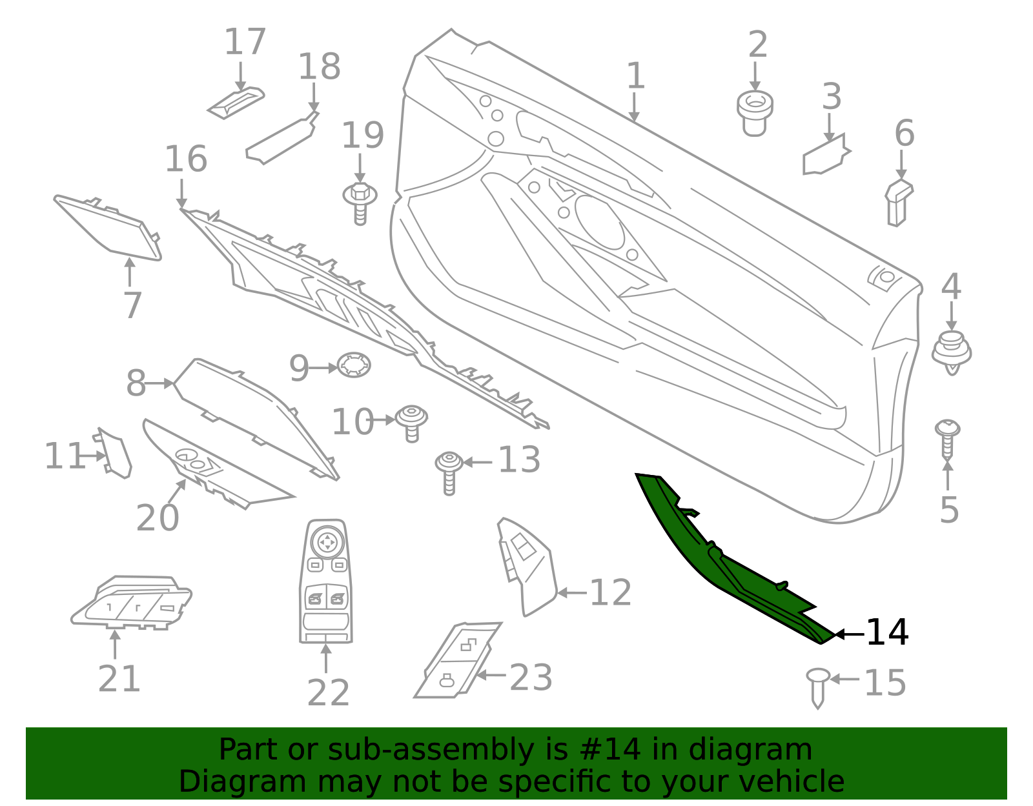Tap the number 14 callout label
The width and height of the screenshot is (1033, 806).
pyautogui.click(x=887, y=632)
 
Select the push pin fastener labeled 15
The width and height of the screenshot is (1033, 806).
pyautogui.click(x=817, y=688)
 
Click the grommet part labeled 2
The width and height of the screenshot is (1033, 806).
pyautogui.click(x=755, y=113)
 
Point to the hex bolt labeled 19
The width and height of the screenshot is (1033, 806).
pyautogui.click(x=360, y=203)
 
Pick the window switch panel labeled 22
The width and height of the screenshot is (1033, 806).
pyautogui.click(x=326, y=581)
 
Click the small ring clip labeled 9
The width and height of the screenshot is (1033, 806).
pyautogui.click(x=354, y=365)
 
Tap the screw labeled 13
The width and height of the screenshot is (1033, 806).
pyautogui.click(x=449, y=473)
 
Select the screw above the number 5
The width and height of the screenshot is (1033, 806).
pyautogui.click(x=947, y=440)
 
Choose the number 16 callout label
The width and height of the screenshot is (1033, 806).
pyautogui.click(x=186, y=159)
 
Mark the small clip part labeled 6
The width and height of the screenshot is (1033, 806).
pyautogui.click(x=899, y=203)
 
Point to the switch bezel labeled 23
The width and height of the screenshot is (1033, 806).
pyautogui.click(x=456, y=660)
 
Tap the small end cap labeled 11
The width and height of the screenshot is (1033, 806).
pyautogui.click(x=114, y=452)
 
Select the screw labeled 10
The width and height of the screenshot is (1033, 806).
pyautogui.click(x=412, y=424)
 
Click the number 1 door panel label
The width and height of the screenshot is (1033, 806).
pyautogui.click(x=636, y=76)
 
